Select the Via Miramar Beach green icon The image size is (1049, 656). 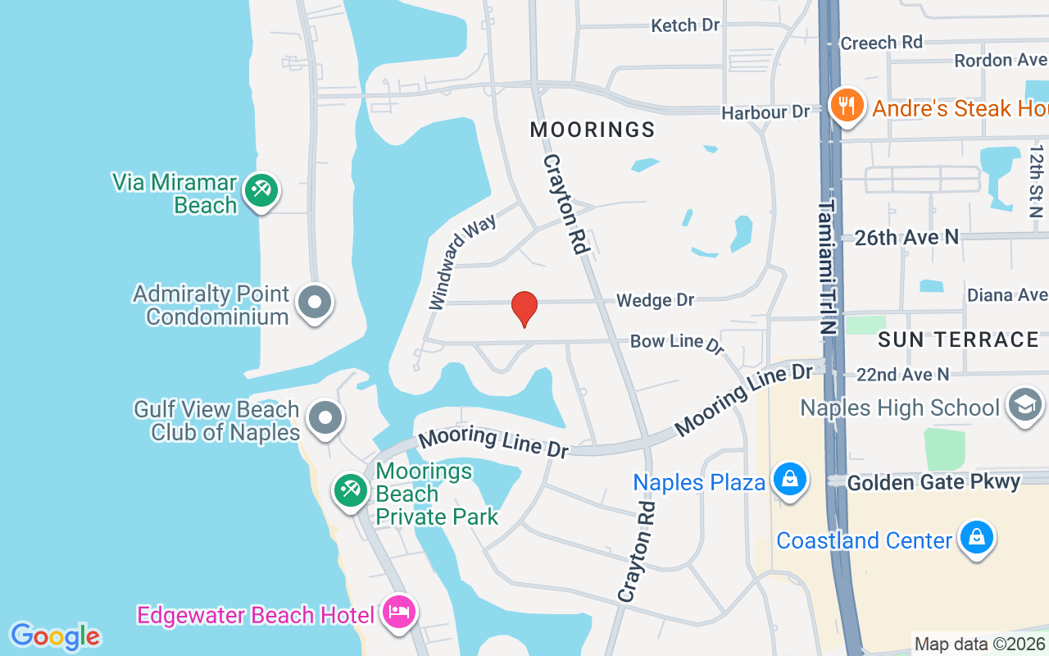(x=261, y=192)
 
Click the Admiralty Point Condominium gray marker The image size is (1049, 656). (x=314, y=303)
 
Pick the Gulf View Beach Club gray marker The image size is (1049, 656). (x=325, y=418)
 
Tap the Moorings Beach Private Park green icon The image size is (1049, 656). (x=352, y=491)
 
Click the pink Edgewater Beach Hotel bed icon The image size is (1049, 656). (x=398, y=613)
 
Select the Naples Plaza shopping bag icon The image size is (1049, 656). (x=789, y=480)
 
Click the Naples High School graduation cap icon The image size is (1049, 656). (x=1024, y=405)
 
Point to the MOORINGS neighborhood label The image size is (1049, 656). (x=593, y=130)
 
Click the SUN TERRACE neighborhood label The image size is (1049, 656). (x=958, y=339)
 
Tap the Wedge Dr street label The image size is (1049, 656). (x=655, y=300)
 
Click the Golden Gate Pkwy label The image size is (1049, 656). (x=933, y=482)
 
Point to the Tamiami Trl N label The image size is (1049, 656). (x=829, y=266)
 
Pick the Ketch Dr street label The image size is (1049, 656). (x=685, y=25)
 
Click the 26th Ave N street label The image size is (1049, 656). (x=906, y=238)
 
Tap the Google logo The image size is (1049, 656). (x=55, y=635)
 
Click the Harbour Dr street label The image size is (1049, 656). (x=765, y=112)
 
